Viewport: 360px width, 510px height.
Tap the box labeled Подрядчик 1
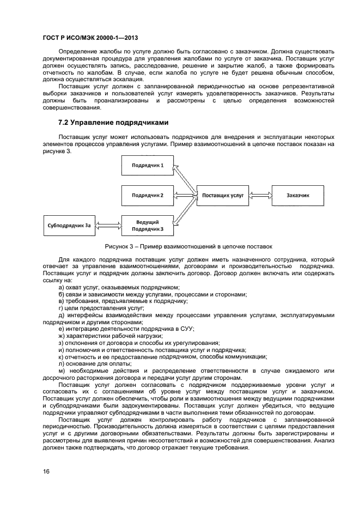147,165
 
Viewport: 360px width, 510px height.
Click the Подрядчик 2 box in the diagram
147,195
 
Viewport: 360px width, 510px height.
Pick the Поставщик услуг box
223,195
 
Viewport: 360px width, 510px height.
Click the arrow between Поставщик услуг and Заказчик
260,195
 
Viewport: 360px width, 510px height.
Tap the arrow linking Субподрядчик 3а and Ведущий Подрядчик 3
108,224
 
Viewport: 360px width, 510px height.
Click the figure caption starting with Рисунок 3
188,247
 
